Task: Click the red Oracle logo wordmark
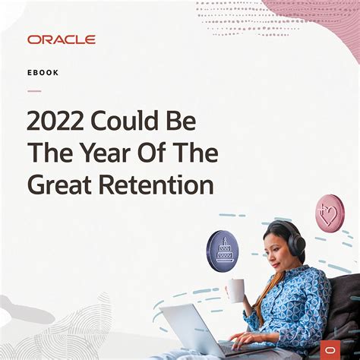pos(61,39)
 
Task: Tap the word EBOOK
pos(43,73)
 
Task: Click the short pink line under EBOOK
pos(34,90)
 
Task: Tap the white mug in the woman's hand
pos(236,289)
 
